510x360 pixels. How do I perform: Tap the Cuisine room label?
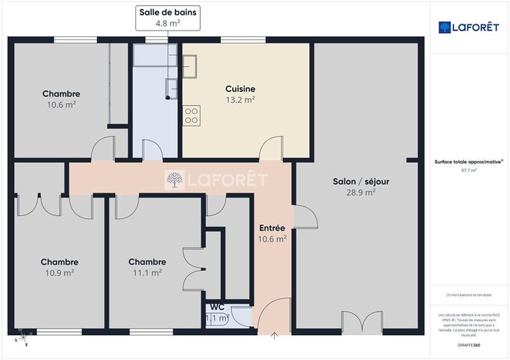point(240,89)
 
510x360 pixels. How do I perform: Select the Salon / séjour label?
point(361,182)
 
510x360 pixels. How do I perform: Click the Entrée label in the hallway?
point(272,228)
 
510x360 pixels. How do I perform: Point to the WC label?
point(217,306)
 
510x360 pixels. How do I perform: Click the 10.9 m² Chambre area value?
point(59,272)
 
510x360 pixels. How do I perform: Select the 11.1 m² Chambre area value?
point(147,272)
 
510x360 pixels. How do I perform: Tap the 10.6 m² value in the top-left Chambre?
point(61,105)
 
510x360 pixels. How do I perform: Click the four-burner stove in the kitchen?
point(191,115)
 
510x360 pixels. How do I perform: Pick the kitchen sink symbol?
point(191,63)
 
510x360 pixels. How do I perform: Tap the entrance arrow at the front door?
point(275,336)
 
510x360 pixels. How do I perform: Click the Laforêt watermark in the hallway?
point(215,180)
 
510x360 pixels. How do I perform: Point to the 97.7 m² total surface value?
point(470,170)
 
